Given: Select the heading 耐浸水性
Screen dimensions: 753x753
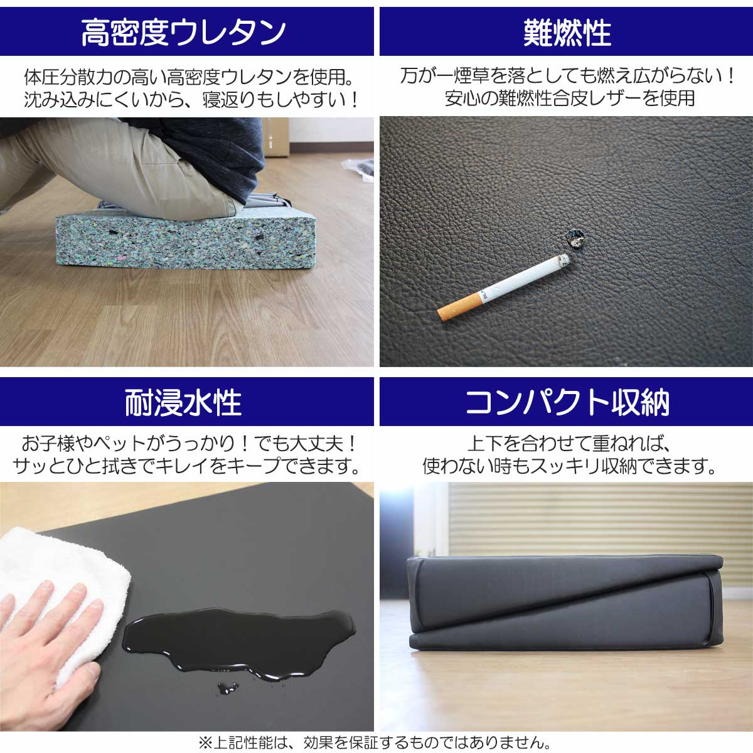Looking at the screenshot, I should click(x=184, y=402).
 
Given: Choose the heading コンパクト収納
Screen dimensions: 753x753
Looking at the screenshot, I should click(x=567, y=402).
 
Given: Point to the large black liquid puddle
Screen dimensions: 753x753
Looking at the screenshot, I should click(x=238, y=640).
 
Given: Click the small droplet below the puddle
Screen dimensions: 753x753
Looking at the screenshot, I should click(x=226, y=689).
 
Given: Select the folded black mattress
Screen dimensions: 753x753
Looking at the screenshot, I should click(x=565, y=602).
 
